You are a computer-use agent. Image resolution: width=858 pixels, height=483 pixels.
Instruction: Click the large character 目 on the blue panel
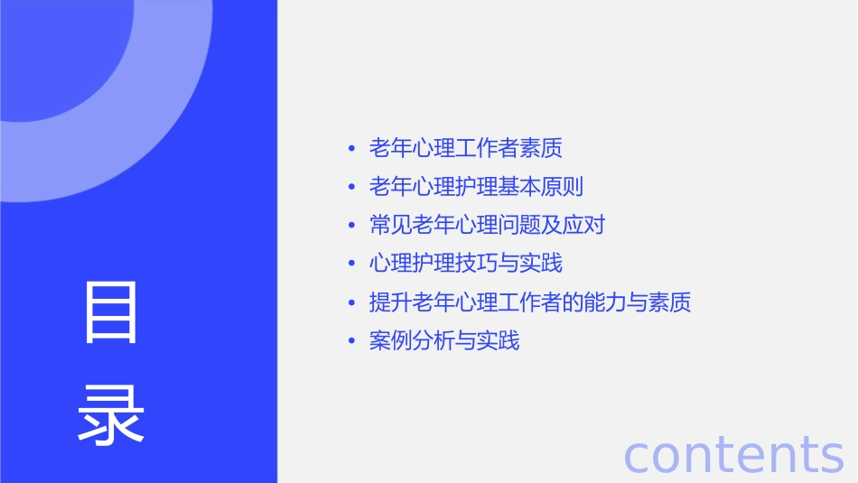111,312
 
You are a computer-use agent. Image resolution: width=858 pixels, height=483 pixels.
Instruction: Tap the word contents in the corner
733,454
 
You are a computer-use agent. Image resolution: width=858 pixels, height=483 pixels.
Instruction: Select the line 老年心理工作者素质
466,148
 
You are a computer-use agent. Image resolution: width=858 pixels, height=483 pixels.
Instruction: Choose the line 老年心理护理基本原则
476,187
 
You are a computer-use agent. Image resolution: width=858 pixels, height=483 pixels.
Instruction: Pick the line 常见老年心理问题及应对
487,225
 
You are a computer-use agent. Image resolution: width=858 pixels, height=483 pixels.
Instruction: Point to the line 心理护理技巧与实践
466,264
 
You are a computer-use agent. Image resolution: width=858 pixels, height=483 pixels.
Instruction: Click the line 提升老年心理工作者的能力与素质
530,302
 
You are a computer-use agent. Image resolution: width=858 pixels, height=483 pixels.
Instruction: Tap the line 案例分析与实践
444,341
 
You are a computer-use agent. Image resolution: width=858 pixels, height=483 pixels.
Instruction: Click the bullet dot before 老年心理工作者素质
351,149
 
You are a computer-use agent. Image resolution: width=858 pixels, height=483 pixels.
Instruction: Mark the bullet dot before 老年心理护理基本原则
351,188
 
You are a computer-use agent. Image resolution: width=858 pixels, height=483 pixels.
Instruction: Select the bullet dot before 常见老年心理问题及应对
351,226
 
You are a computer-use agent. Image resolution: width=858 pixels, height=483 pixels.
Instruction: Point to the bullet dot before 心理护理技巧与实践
351,265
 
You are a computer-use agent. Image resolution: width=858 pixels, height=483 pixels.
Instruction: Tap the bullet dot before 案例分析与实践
351,342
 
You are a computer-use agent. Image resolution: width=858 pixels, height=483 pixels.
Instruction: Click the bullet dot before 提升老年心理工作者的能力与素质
351,303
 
